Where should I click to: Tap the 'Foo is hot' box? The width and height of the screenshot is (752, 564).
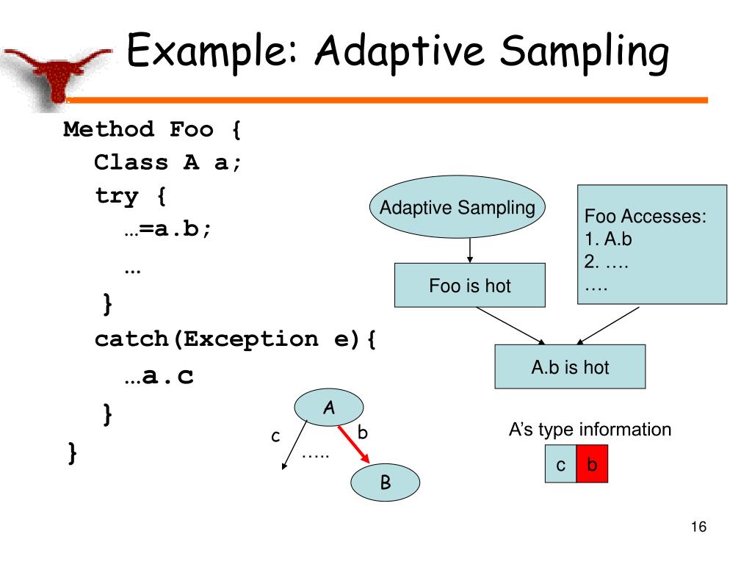click(x=470, y=286)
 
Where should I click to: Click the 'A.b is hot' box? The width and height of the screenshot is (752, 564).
click(x=570, y=366)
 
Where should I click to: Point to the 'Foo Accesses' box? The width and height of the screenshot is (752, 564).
click(x=652, y=245)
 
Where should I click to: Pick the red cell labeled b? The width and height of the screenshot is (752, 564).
click(x=593, y=465)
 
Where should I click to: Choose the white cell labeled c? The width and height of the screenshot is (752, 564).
click(x=560, y=465)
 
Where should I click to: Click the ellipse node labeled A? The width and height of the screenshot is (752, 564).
click(x=328, y=408)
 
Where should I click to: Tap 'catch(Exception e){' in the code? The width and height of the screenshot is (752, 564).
click(x=235, y=339)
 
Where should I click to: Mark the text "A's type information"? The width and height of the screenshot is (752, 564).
click(x=590, y=430)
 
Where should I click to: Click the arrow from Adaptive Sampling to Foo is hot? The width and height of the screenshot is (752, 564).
click(x=470, y=251)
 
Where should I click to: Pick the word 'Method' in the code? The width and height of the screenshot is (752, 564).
click(x=109, y=130)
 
